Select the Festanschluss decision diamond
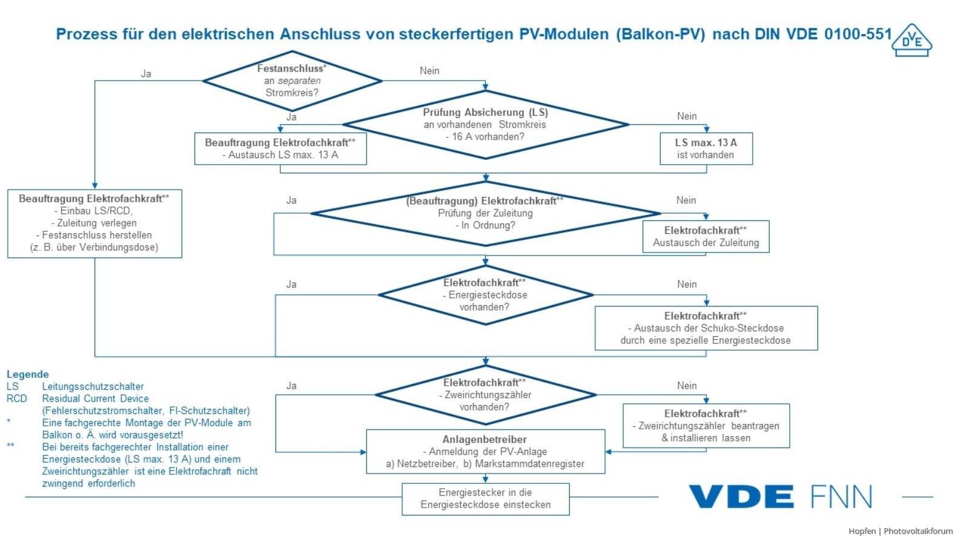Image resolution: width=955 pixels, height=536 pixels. point(292,81)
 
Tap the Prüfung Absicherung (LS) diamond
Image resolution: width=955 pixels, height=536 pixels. point(485,125)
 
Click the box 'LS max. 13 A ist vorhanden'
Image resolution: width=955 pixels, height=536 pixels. point(706,149)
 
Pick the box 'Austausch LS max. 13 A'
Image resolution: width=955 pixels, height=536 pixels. point(280,149)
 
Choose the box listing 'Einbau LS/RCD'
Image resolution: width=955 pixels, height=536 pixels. point(94,223)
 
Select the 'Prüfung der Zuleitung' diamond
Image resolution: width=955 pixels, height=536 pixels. point(485,214)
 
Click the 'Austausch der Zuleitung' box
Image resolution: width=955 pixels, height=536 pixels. point(706,237)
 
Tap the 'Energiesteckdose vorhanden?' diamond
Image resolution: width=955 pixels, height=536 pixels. point(485,295)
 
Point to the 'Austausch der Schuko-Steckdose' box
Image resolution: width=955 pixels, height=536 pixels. point(706,328)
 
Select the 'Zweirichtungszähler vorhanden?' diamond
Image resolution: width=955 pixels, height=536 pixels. point(485,395)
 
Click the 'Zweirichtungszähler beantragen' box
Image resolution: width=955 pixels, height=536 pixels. point(706,426)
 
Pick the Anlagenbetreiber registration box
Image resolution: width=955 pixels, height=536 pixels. point(485,452)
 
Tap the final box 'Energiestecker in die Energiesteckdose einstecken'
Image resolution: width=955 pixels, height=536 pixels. point(485,499)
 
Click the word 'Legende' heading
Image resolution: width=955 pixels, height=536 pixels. point(28,374)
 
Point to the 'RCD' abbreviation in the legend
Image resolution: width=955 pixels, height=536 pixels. point(17,399)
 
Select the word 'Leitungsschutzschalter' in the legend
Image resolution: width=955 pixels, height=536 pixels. point(93,386)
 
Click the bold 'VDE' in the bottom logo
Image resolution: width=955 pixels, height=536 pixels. point(741,497)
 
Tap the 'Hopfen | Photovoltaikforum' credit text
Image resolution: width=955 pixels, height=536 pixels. point(900,531)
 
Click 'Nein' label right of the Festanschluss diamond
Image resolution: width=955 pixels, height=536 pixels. point(429,71)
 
